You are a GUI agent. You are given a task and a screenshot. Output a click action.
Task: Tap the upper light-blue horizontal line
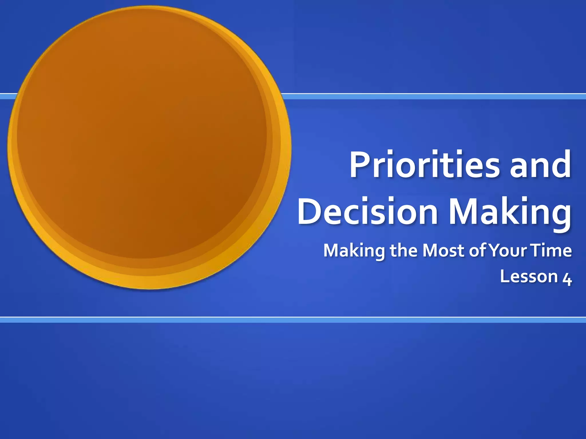click(x=429, y=96)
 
